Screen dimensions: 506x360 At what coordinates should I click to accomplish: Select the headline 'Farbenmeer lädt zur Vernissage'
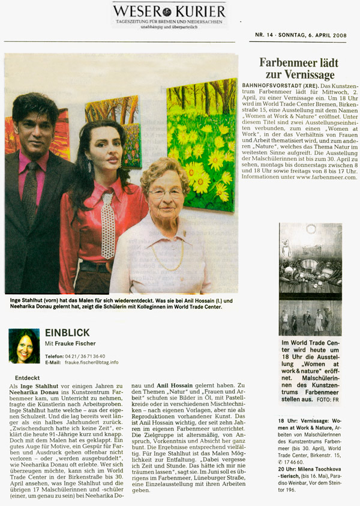click(x=298, y=68)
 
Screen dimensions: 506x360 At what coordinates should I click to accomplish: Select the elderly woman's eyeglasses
click(x=164, y=194)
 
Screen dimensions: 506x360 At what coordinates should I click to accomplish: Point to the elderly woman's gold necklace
click(x=167, y=255)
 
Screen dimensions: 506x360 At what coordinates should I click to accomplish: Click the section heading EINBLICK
click(x=67, y=332)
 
